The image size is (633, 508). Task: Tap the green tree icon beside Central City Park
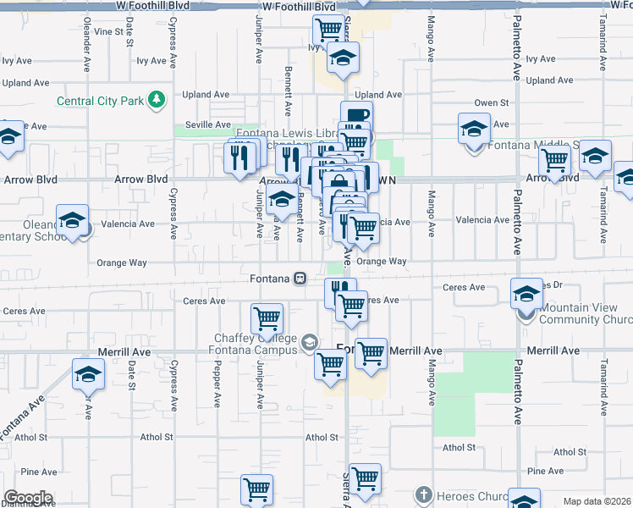(x=156, y=101)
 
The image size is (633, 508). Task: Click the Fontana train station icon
(x=300, y=279)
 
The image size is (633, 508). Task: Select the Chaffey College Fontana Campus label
(x=256, y=345)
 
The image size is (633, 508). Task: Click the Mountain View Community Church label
(x=584, y=313)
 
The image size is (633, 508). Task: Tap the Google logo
(x=28, y=498)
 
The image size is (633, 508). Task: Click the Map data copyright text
(x=597, y=501)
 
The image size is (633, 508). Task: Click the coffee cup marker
(x=356, y=117)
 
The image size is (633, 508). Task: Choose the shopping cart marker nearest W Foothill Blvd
(x=328, y=31)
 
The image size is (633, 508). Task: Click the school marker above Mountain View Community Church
(x=526, y=293)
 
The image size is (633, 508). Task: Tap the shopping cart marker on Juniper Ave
(x=267, y=318)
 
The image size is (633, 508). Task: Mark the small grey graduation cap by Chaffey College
(x=309, y=342)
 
